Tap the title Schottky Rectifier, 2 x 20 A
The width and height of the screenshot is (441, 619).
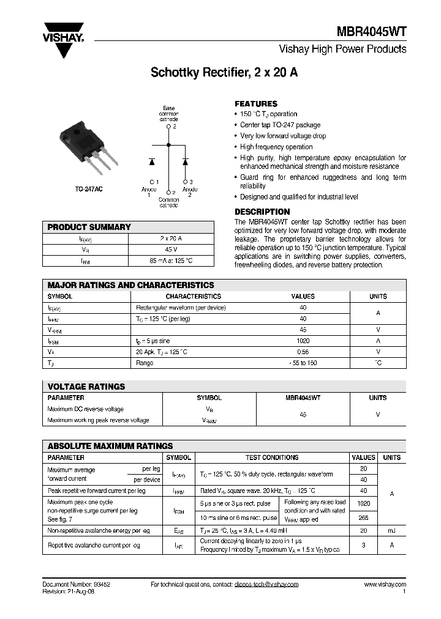[x=224, y=73]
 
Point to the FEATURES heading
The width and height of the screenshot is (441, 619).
[x=256, y=104]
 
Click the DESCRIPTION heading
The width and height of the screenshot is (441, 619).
[x=263, y=212]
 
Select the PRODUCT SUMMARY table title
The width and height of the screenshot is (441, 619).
[x=89, y=227]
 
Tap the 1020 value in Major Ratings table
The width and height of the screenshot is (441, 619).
[x=303, y=341]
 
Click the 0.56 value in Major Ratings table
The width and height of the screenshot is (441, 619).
[x=303, y=352]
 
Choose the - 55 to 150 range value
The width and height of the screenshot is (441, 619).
[x=303, y=363]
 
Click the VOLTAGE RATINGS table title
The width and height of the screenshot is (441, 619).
[x=86, y=387]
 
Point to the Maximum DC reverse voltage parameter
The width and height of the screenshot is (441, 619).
[x=86, y=409]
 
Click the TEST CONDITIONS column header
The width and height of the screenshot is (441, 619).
[x=272, y=458]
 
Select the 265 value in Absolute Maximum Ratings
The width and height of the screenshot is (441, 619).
[x=363, y=517]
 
